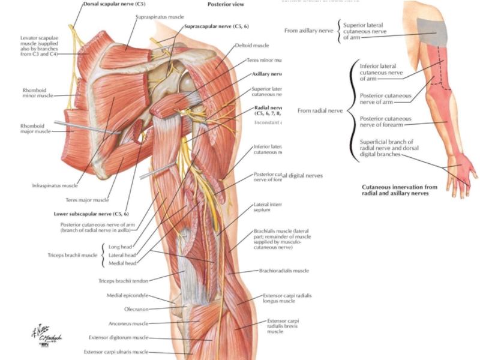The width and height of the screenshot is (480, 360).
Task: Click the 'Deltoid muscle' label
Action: (252, 45)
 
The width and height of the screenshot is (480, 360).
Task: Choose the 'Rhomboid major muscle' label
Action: (37, 129)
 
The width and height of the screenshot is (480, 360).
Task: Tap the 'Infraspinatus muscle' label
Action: (55, 186)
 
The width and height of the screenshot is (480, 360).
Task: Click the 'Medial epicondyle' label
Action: (126, 295)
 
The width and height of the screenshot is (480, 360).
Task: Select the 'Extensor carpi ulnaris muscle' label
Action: (116, 352)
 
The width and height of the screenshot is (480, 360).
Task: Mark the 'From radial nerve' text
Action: (320, 110)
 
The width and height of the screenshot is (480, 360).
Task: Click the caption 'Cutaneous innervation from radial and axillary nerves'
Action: (400, 190)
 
